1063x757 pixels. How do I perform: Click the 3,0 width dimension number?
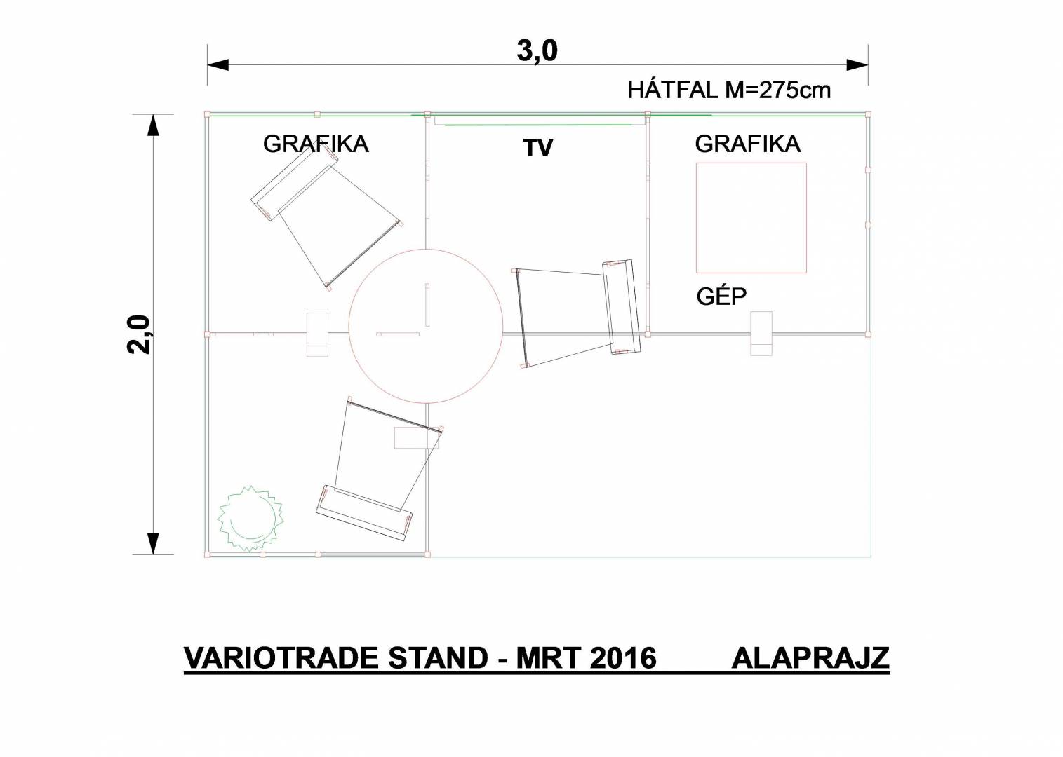537,51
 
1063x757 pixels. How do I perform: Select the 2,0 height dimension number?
138,334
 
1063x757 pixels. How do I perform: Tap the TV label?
538,147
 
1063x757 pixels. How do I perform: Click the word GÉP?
721,296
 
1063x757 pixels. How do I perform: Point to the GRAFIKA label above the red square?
748,144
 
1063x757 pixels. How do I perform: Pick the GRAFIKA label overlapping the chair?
316,144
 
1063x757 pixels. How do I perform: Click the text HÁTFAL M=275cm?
730,90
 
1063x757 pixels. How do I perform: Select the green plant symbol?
250,519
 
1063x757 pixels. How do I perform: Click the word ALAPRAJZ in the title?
810,658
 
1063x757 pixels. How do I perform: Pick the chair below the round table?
380,470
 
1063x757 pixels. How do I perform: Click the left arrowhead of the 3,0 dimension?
218,65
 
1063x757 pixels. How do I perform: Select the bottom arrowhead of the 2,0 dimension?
152,543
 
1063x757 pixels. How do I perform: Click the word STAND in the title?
439,658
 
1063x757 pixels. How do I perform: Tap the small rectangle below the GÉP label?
761,333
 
